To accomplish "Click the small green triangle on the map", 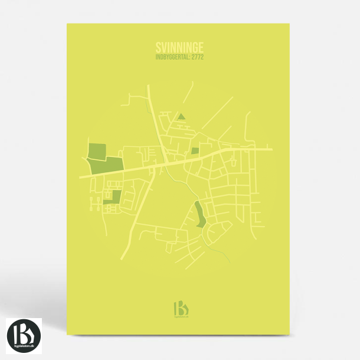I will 182,116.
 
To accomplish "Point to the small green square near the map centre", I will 195,150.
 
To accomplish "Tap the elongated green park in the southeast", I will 199,214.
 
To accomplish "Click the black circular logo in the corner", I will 24,335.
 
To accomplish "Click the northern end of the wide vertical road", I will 148,86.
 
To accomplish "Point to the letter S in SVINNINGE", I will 159,47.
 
